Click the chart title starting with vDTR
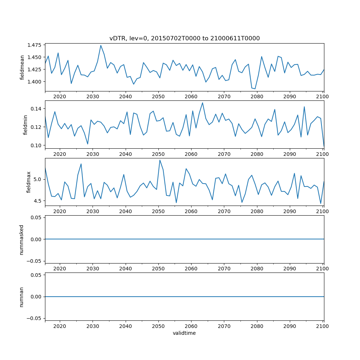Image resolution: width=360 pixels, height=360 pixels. tap(184, 38)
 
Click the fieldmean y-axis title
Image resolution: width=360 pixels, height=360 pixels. tap(22, 67)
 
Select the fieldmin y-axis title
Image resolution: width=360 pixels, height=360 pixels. tap(25, 125)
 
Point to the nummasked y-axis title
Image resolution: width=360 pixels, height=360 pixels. tap(22, 239)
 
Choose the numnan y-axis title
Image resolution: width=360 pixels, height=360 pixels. tap(22, 297)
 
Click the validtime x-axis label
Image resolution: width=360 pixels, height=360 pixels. tap(184, 333)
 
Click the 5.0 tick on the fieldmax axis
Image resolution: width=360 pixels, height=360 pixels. tap(38, 179)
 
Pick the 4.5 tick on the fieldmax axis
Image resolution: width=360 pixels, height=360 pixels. tap(38, 201)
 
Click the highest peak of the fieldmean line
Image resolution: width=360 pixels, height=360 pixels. tap(101, 45)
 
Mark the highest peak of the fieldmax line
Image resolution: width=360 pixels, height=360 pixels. tap(160, 160)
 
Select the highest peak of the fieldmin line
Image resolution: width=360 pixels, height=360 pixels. tap(202, 103)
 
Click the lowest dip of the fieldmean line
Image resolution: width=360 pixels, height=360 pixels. tap(255, 89)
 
